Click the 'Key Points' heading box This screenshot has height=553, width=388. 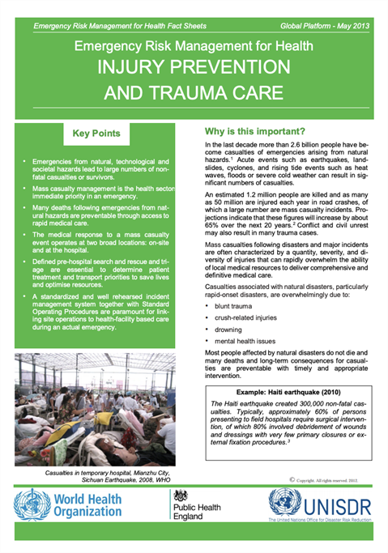(96, 132)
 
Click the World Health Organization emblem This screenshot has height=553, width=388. (30, 505)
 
